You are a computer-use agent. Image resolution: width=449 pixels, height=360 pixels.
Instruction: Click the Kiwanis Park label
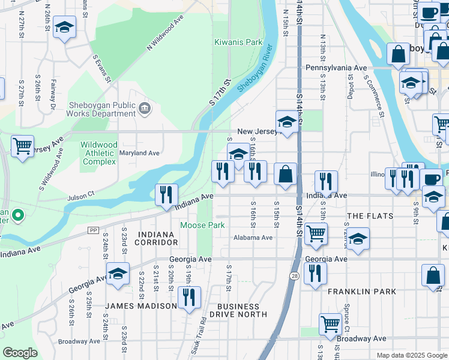click(x=238, y=43)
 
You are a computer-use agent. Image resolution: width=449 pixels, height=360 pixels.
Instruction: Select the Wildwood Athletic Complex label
click(x=100, y=153)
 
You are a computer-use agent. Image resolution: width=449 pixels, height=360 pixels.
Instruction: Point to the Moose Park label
click(x=203, y=225)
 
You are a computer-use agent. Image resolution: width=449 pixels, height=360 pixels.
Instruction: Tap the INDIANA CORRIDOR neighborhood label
click(x=158, y=238)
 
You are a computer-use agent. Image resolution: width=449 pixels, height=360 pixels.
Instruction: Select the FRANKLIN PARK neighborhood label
click(x=362, y=292)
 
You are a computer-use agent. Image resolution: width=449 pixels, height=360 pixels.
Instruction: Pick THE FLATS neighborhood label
click(x=370, y=216)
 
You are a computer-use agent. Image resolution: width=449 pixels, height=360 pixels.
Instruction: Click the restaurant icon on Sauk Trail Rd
click(x=189, y=297)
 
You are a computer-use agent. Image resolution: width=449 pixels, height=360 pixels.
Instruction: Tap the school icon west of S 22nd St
click(x=118, y=274)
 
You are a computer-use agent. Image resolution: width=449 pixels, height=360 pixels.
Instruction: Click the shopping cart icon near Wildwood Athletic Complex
click(x=22, y=146)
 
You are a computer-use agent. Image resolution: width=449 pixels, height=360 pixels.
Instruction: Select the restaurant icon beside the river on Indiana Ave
click(x=166, y=194)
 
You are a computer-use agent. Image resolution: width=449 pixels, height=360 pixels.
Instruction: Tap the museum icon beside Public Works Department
click(x=145, y=108)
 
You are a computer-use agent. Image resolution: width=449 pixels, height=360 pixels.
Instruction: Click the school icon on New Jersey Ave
click(x=288, y=122)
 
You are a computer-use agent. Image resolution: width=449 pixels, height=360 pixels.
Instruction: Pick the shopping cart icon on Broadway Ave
click(x=330, y=325)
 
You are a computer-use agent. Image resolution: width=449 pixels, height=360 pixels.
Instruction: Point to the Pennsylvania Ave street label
click(x=336, y=68)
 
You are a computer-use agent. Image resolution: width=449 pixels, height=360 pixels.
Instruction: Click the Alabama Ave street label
click(x=253, y=238)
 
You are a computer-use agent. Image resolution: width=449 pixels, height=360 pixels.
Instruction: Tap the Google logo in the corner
click(x=20, y=353)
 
